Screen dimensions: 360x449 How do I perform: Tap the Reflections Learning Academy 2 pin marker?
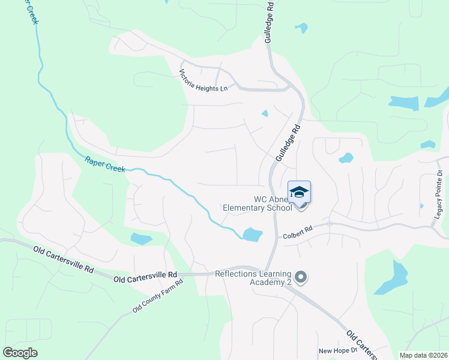pyautogui.click(x=301, y=277)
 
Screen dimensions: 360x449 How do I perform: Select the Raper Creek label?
pyautogui.click(x=105, y=164)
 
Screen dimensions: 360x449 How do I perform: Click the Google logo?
pyautogui.click(x=20, y=352)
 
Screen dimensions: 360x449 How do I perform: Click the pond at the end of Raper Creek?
pyautogui.click(x=252, y=234)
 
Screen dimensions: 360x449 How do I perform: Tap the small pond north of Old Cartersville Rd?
pyautogui.click(x=141, y=239)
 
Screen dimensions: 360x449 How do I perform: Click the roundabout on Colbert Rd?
pyautogui.click(x=330, y=224)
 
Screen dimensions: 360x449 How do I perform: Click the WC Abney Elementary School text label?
pyautogui.click(x=257, y=204)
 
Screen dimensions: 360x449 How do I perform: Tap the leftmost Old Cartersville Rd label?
pyautogui.click(x=63, y=259)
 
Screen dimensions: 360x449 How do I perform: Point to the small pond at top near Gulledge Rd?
pyautogui.click(x=301, y=28)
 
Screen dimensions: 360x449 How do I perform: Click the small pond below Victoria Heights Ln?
pyautogui.click(x=265, y=113)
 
